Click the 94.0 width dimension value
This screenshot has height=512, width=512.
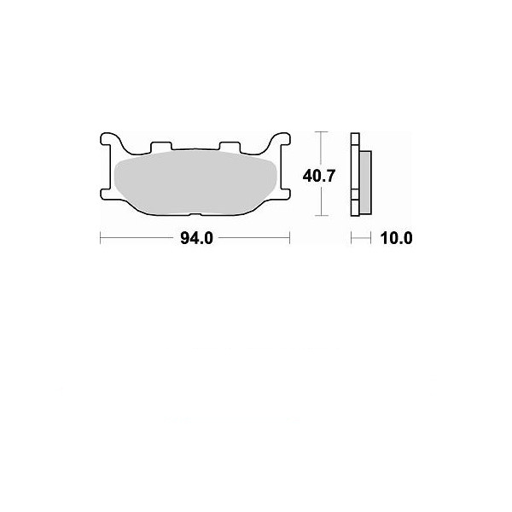point(196,238)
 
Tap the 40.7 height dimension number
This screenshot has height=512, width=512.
point(318,177)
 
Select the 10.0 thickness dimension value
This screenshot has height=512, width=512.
point(396,238)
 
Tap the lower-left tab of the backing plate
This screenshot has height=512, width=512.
point(106,194)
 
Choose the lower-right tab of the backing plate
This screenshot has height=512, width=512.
point(285,194)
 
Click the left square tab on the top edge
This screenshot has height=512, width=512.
point(161,147)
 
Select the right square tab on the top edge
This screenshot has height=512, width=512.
point(230,147)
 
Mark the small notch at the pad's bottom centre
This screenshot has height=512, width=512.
point(196,214)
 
